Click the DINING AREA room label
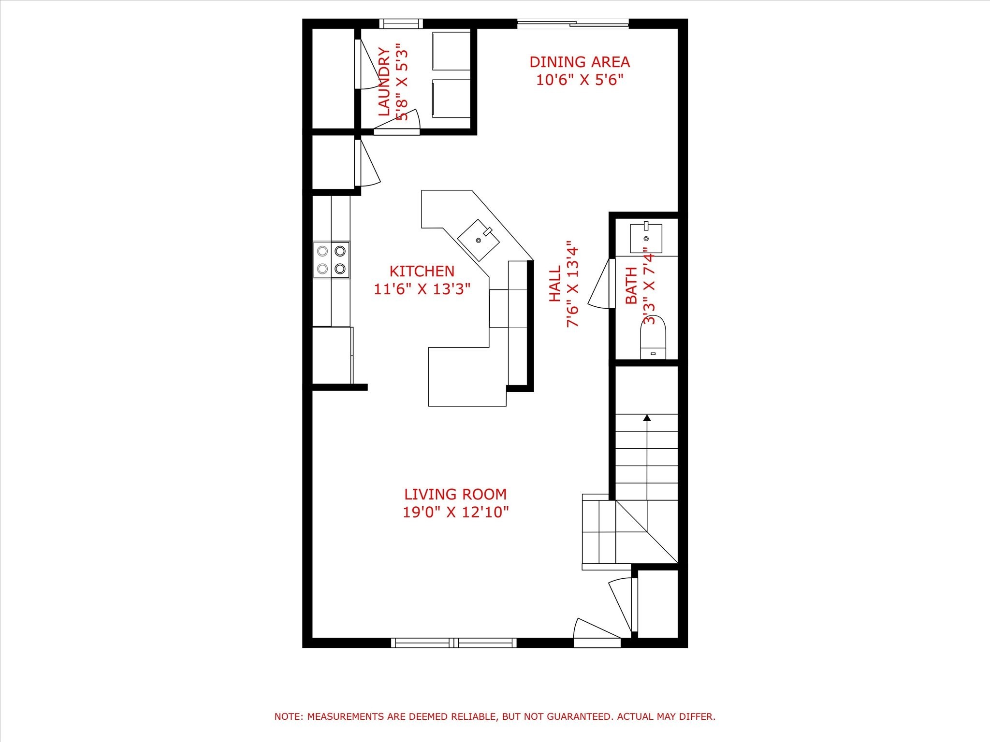(579, 62)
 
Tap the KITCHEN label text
(422, 271)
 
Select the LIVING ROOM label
(455, 494)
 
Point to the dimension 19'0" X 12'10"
(455, 512)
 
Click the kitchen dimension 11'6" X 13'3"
(422, 289)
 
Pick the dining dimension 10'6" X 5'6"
(579, 80)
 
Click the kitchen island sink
(478, 240)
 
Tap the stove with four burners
(331, 260)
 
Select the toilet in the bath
(653, 336)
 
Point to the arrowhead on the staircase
(647, 418)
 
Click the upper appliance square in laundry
(451, 51)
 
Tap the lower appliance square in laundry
(451, 98)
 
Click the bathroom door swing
(601, 284)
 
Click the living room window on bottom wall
(453, 642)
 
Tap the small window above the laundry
(401, 24)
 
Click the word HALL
(555, 284)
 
